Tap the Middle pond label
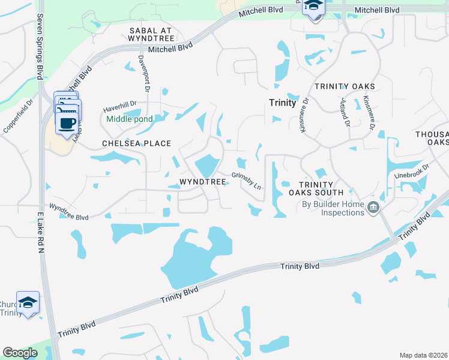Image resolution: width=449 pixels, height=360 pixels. [130, 119]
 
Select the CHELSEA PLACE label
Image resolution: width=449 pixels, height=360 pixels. [136, 143]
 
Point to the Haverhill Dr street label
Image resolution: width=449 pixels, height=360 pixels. [120, 106]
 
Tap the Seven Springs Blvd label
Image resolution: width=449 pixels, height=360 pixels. [40, 47]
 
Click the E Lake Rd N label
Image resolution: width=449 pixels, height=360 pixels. [41, 234]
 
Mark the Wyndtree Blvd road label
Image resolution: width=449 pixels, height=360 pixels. [68, 211]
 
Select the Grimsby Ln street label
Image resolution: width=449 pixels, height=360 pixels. [247, 182]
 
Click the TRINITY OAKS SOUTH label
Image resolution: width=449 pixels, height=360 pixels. [316, 188]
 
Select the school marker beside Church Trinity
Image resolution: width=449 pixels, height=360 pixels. [28, 303]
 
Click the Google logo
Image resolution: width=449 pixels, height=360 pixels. [20, 352]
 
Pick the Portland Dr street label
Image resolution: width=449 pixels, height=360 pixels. [345, 112]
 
